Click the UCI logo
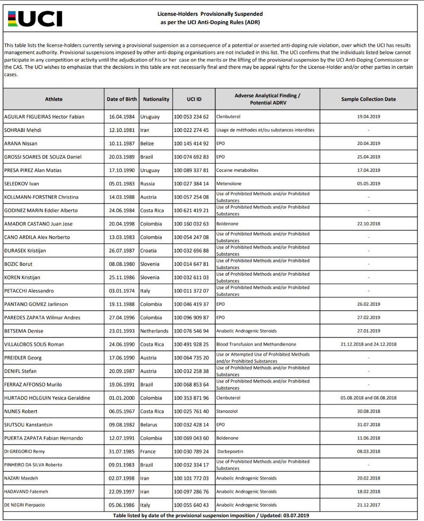[x=35, y=19]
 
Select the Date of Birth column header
[x=121, y=99]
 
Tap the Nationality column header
[x=156, y=99]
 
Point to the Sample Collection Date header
[x=368, y=99]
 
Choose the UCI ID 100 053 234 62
[x=191, y=116]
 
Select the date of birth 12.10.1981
[x=121, y=130]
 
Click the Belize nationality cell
[x=147, y=143]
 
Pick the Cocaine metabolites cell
[x=237, y=170]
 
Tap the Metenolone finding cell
[x=229, y=184]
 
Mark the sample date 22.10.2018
[x=368, y=223]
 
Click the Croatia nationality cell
[x=148, y=250]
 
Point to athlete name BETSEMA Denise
[x=24, y=331]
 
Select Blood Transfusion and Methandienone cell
[x=256, y=344]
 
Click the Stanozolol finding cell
[x=227, y=411]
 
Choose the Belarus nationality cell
[x=148, y=425]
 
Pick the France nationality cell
[x=148, y=451]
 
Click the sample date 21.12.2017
[x=368, y=505]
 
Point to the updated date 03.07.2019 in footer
[x=296, y=515]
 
